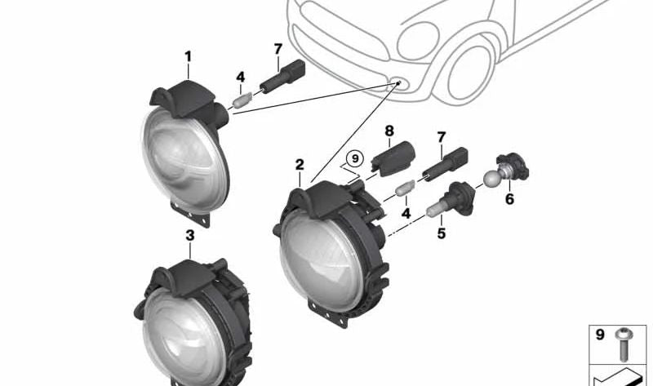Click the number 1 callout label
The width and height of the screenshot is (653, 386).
(188, 56)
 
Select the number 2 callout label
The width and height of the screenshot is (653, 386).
(300, 165)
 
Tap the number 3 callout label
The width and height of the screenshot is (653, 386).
(190, 236)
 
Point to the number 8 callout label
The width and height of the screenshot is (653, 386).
(389, 131)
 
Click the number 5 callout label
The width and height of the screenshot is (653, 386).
(442, 233)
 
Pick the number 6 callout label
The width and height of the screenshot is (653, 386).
(509, 199)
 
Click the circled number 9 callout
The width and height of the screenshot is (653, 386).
(355, 158)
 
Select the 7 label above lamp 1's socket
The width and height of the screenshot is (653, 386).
(278, 50)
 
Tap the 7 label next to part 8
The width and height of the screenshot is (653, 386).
(442, 137)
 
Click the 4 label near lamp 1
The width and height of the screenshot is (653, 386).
(240, 77)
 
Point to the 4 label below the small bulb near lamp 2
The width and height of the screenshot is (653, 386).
(406, 214)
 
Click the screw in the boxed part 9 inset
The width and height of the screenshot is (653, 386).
(624, 344)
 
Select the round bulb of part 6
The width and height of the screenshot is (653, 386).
(492, 179)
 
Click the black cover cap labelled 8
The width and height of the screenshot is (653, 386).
(393, 158)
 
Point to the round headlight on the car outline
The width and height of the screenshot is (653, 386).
(418, 41)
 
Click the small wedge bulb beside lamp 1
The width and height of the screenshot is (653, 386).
(242, 100)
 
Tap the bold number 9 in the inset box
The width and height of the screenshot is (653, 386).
(600, 335)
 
